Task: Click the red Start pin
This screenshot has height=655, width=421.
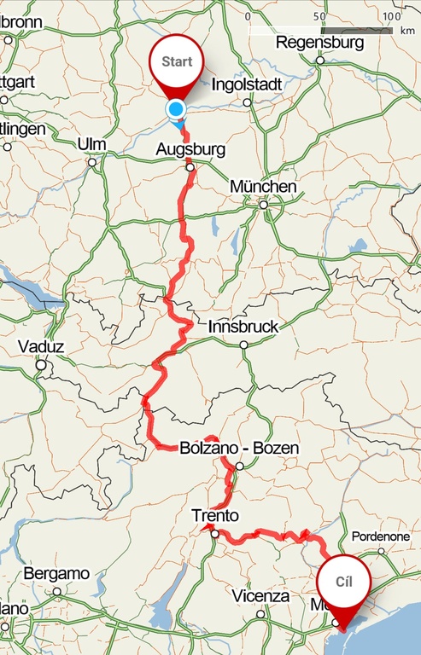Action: (177, 64)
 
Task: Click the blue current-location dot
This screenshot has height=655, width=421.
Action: (176, 109)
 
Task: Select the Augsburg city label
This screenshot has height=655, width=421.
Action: (191, 150)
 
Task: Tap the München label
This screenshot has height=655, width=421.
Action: (263, 187)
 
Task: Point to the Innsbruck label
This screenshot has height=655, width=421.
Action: (243, 327)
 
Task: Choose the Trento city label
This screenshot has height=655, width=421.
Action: (215, 516)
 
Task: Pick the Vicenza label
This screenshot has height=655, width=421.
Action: (260, 596)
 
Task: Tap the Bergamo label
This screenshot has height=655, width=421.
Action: (56, 573)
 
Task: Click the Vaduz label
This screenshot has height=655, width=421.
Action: (39, 347)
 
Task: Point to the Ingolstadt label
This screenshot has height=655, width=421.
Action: (246, 84)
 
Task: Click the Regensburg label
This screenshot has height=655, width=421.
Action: (319, 42)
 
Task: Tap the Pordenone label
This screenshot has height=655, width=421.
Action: (381, 536)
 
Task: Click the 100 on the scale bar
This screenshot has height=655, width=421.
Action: (391, 16)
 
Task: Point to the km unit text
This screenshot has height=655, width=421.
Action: (406, 30)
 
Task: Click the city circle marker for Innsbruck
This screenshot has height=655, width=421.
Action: (244, 345)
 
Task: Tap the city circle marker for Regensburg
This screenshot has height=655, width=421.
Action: (320, 60)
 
